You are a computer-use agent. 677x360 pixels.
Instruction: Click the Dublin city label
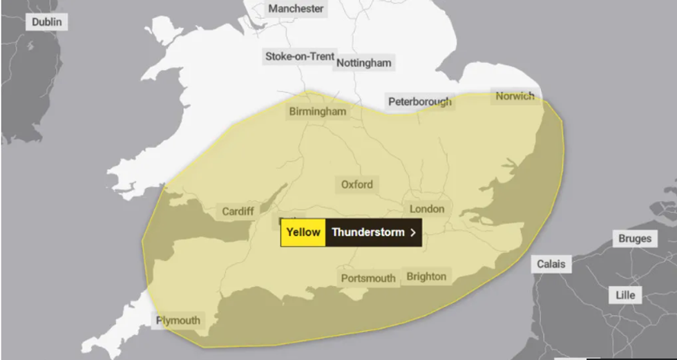pos(47,22)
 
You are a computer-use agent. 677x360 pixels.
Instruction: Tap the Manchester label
pos(296,9)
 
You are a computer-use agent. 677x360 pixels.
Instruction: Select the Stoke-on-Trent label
pos(300,56)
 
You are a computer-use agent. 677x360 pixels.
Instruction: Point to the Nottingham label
pos(364,63)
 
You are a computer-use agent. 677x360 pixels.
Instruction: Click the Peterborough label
pos(420,102)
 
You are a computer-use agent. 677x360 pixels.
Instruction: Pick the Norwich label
pos(515,96)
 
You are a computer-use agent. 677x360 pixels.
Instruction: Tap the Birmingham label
pos(317,111)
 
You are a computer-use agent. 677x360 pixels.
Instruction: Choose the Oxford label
pos(357,184)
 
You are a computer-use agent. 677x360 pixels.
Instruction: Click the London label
pos(427,209)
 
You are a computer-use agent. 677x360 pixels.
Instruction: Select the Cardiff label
pos(238,211)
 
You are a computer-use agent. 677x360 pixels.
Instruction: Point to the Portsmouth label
pos(368,278)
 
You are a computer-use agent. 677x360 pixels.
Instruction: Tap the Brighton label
pos(426,276)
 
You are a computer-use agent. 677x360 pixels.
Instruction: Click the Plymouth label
pos(178,320)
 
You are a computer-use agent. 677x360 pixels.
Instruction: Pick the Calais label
pos(551,263)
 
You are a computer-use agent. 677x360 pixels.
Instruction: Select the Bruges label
pos(634,238)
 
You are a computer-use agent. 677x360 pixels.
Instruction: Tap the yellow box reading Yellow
pos(303,232)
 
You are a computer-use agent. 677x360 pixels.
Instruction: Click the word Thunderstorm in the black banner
pos(368,232)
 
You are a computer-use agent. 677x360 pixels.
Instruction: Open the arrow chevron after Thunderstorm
pos(413,233)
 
